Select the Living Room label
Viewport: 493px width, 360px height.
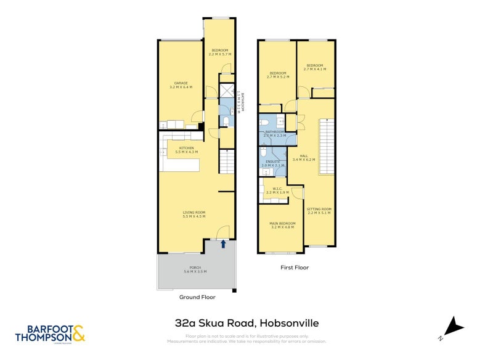pyautogui.click(x=194, y=214)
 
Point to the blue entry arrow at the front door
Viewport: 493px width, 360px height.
pyautogui.click(x=224, y=243)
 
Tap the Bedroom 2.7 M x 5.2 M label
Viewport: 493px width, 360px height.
pyautogui.click(x=277, y=75)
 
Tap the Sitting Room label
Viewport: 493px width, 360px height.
pyautogui.click(x=319, y=211)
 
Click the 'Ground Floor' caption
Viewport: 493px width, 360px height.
pyautogui.click(x=197, y=297)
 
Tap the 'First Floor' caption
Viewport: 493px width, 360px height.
pyautogui.click(x=295, y=268)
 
